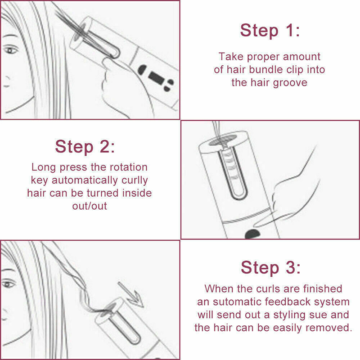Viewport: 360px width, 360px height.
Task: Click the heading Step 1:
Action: coord(270,30)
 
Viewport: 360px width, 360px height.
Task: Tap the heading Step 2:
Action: coord(85,147)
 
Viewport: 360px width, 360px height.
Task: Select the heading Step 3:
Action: coord(270,267)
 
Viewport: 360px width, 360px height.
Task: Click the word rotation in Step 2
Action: coord(129,167)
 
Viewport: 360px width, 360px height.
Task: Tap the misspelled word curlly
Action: coord(135,180)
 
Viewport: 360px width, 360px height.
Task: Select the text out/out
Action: coord(90,206)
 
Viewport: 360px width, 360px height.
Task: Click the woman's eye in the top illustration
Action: coord(10,50)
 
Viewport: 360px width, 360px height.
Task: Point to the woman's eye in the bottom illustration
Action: coord(9,284)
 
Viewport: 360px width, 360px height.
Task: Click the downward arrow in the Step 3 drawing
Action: coord(130,295)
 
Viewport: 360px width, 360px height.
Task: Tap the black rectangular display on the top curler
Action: coord(157,78)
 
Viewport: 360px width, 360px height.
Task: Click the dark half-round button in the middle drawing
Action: coord(252,234)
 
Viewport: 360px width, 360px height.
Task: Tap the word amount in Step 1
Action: coord(301,57)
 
